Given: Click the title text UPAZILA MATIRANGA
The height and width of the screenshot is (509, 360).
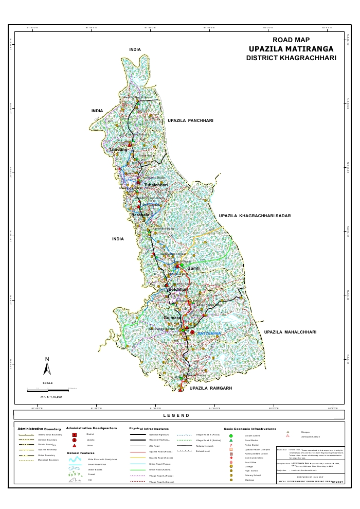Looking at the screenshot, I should (x=291, y=48).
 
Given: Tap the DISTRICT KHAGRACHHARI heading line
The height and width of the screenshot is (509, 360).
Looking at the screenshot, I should (x=291, y=58).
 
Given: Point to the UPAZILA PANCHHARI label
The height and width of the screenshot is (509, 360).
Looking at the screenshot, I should (x=190, y=120).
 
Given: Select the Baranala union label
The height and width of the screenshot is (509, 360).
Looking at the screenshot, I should (x=140, y=214).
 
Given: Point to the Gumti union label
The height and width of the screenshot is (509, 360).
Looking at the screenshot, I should (x=193, y=269).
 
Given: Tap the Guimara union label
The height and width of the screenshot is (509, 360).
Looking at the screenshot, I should (x=172, y=318).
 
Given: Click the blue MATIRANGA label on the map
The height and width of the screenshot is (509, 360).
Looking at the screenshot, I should (x=210, y=333).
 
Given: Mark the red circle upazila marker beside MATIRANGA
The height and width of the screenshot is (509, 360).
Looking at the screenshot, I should (x=192, y=332).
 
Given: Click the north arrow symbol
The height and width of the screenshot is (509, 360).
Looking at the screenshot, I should (x=47, y=367).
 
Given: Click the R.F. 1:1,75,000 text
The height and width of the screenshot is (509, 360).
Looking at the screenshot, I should (x=51, y=397).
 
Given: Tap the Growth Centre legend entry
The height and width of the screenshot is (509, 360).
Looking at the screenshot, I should (x=252, y=435).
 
